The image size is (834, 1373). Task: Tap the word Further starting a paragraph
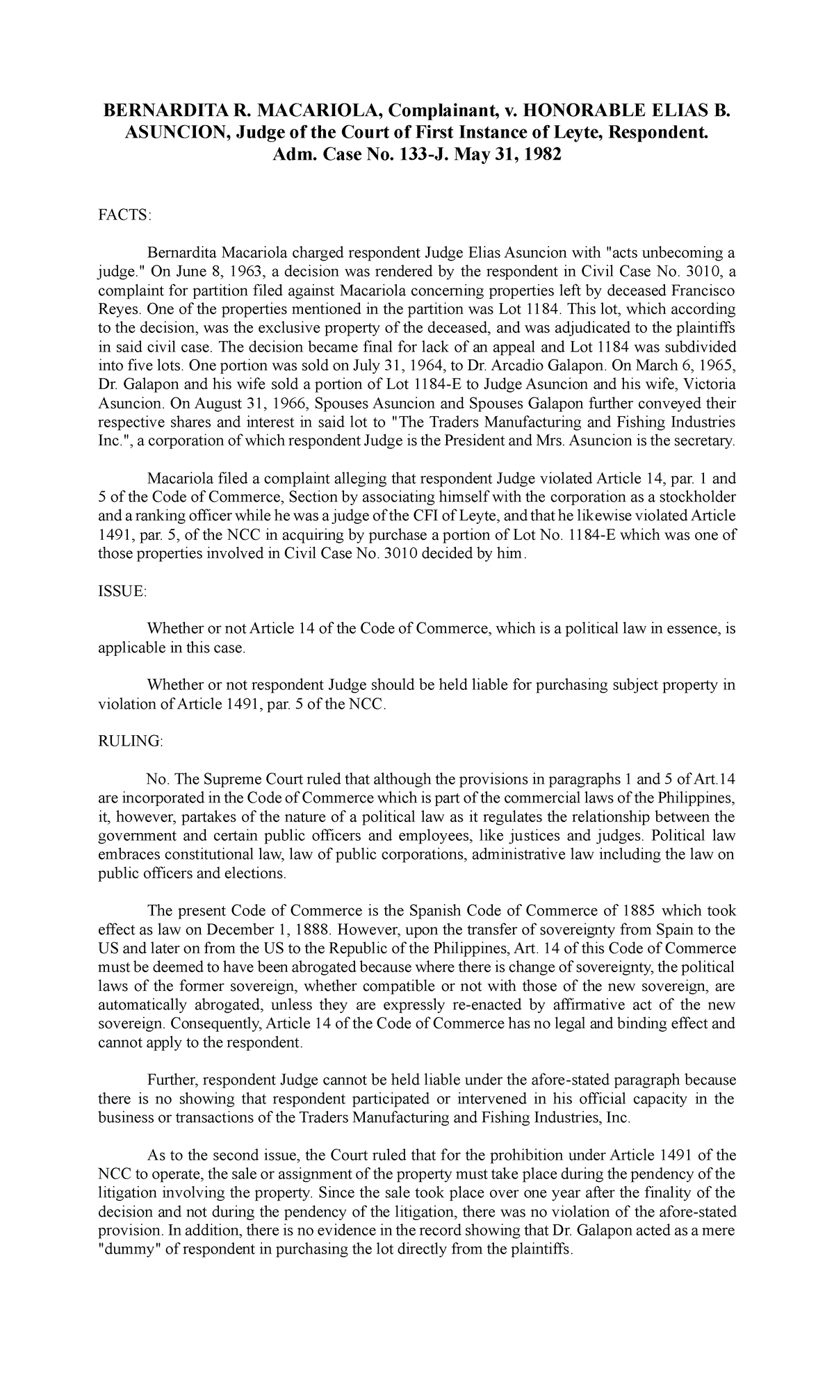(x=172, y=1080)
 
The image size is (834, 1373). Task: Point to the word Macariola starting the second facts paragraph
(x=177, y=479)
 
